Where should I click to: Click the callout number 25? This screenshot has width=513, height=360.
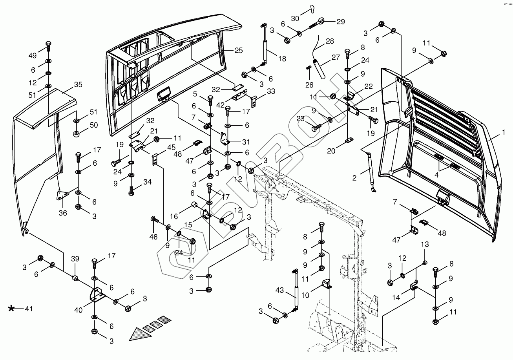239,51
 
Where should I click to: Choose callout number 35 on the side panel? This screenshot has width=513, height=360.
78,84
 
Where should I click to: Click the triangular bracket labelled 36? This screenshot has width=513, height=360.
62,195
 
